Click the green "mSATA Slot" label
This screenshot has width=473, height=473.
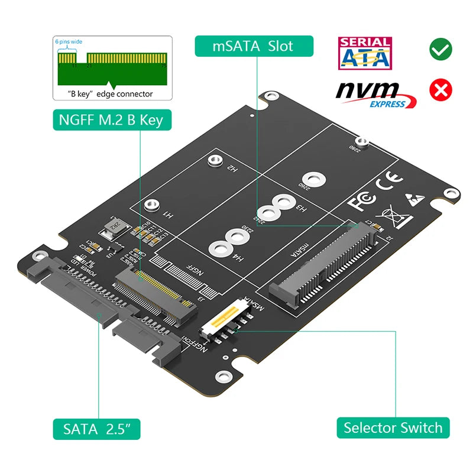(x=253, y=46)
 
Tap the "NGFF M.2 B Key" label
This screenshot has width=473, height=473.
(x=111, y=121)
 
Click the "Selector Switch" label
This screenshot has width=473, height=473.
(x=393, y=427)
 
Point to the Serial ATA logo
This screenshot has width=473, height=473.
(x=364, y=53)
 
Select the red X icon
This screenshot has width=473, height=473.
(x=441, y=90)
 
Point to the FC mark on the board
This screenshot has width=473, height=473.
(x=361, y=200)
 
